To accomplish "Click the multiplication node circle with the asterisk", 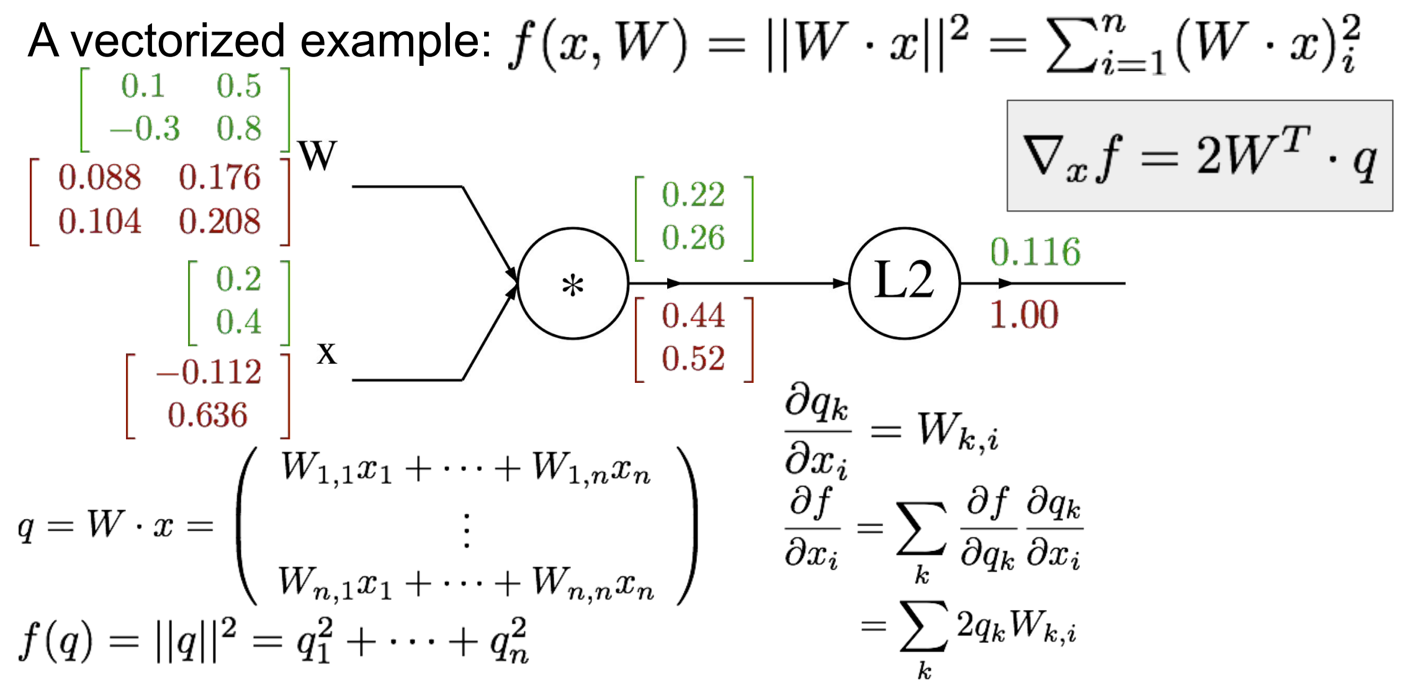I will point(573,284).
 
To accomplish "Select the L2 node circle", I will point(904,283).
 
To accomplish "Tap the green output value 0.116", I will point(1035,252).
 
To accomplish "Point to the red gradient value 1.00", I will point(1024,314).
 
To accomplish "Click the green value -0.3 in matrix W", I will point(145,129).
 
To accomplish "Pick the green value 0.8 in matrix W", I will point(239,129).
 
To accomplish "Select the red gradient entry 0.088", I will point(100,177).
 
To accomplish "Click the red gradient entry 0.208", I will point(220,222).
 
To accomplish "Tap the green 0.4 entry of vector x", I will point(239,322).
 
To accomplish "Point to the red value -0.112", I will point(209,372).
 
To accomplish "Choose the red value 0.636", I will point(207,415).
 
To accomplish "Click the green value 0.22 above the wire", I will point(693,195).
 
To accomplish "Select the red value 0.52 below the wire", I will point(693,359).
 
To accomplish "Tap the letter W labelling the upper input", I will point(317,155).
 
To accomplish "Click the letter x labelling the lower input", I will point(326,353).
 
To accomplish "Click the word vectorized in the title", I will point(178,41).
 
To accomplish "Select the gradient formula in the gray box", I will point(1199,156).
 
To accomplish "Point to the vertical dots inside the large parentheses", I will point(467,531).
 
